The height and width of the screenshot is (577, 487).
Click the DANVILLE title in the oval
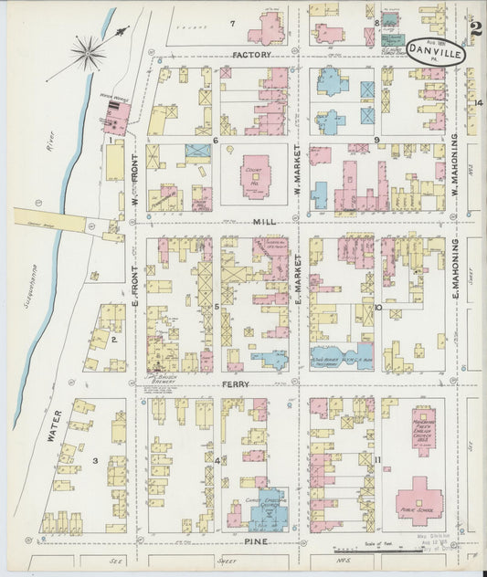point(435,53)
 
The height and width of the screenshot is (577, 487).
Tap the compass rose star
point(90,52)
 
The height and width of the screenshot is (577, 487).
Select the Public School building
point(418,501)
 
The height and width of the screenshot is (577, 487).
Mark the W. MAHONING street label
point(454,173)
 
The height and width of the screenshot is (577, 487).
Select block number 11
point(376,459)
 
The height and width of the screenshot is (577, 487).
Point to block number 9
point(376,141)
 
